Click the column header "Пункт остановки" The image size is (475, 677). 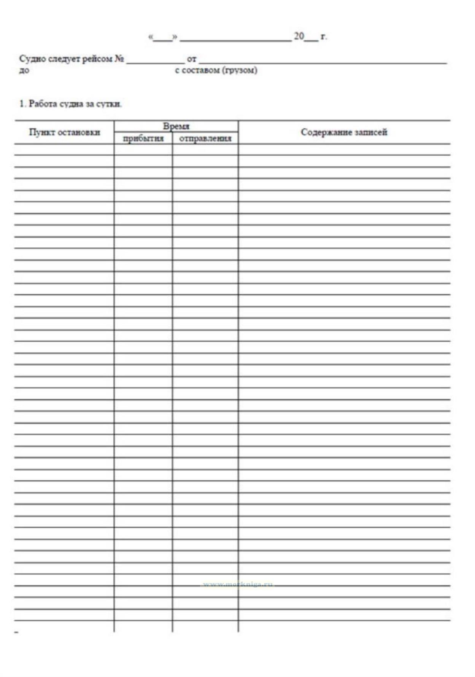pos(64,132)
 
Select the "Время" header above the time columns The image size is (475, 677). pos(176,126)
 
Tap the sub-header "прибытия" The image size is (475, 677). pos(143,139)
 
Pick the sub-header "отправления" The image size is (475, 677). pos(205,139)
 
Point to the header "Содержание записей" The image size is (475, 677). pos(344,132)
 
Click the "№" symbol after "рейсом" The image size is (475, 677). pos(119,59)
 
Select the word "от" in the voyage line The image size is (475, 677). pos(192,59)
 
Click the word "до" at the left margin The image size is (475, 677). pos(24,71)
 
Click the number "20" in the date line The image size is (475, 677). pos(299,36)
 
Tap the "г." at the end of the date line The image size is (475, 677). pos(323,37)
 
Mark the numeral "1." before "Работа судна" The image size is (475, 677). pos(22,104)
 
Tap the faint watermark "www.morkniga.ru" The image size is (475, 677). pos(238,584)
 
